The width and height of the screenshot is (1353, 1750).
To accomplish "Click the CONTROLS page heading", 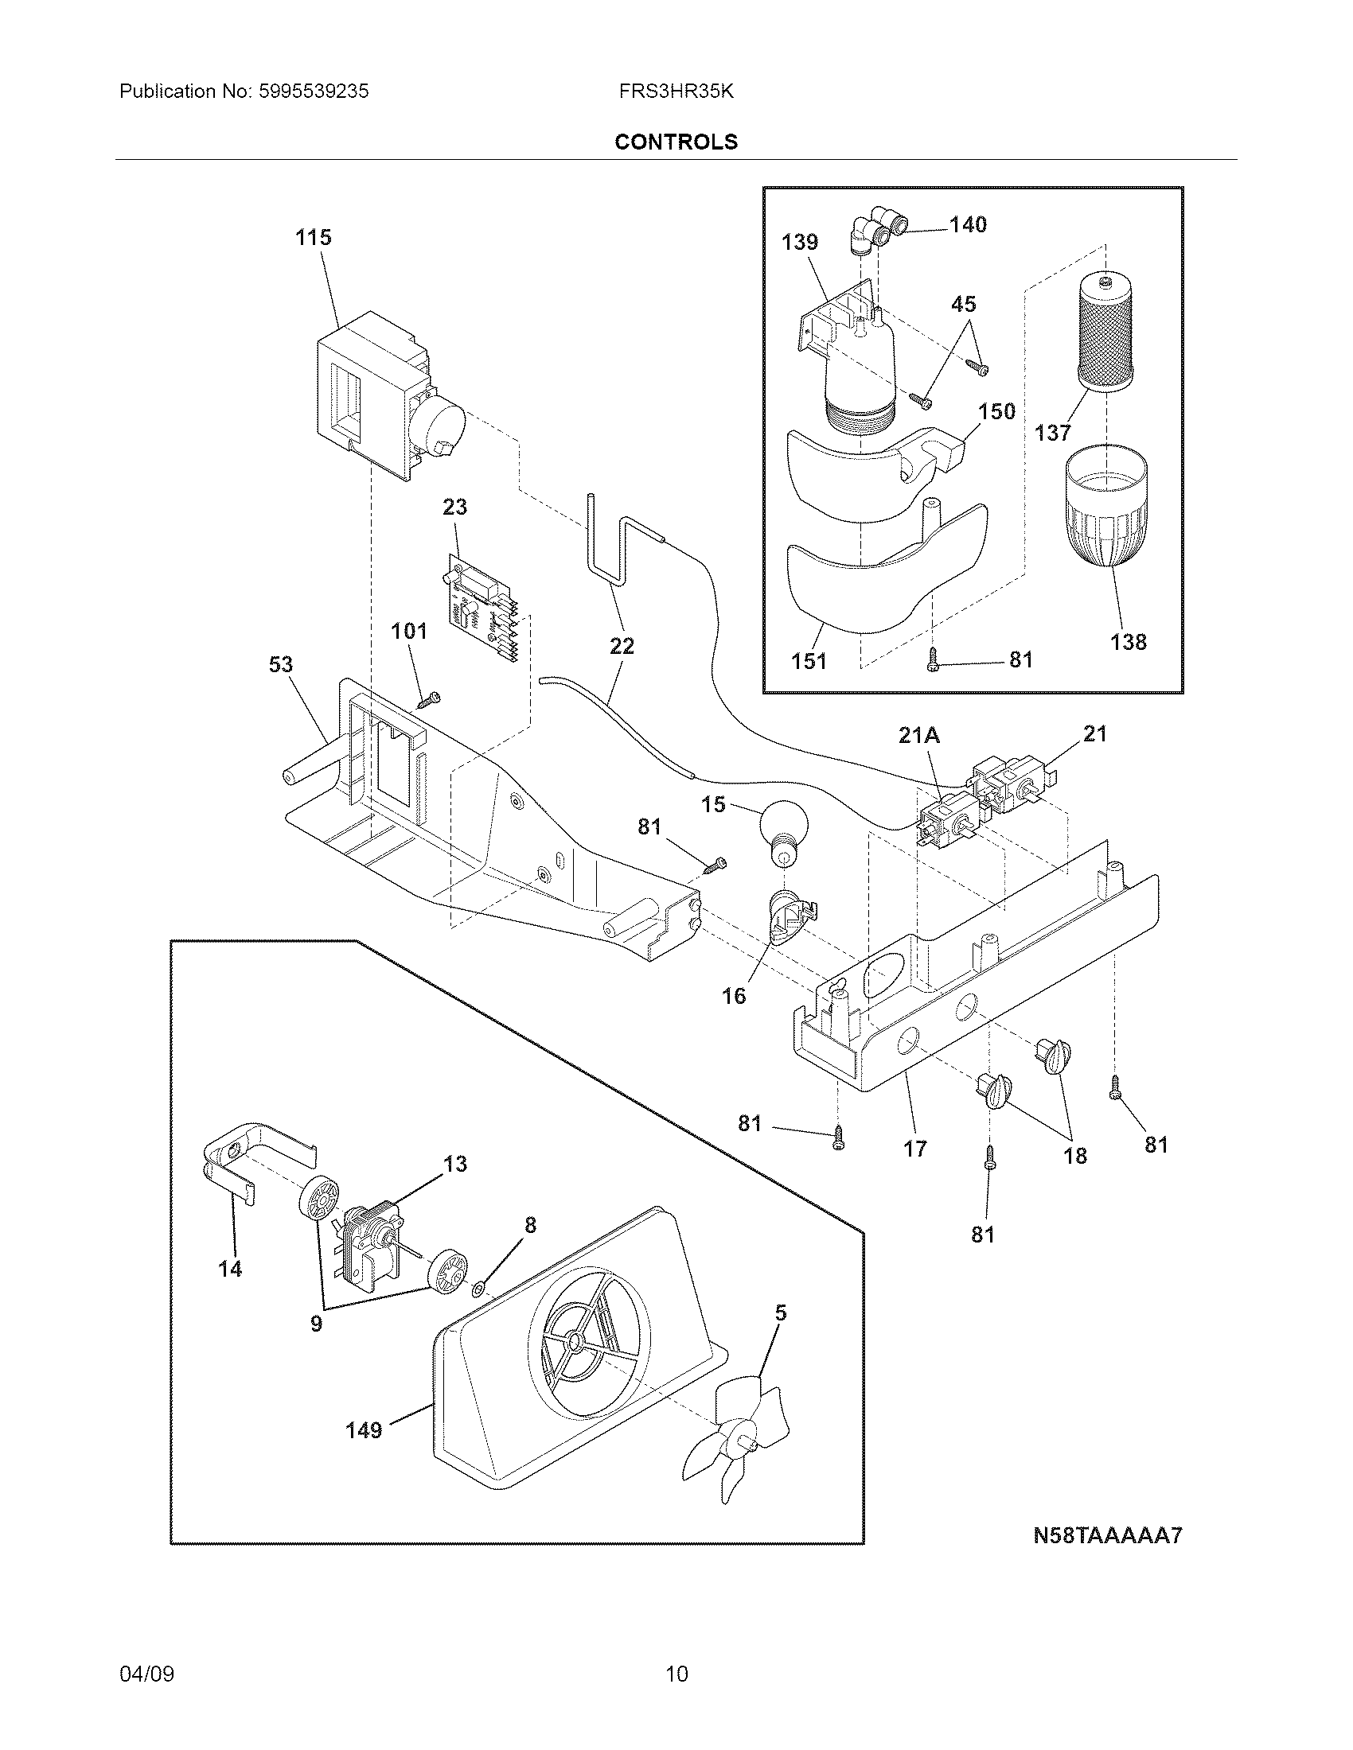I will coord(676,142).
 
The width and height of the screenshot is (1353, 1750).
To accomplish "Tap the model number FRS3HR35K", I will coord(676,91).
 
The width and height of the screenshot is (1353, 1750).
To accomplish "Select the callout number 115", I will coord(313,237).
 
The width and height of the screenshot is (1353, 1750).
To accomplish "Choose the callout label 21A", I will coord(918,735).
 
